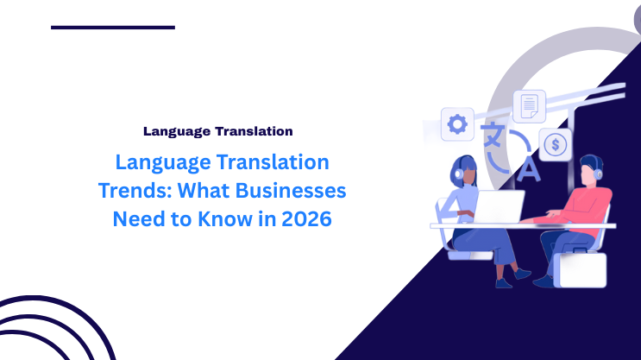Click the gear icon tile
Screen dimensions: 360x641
456,123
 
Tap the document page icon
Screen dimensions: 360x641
529,106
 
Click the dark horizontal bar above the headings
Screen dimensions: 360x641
113,28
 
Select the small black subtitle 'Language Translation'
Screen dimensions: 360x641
218,131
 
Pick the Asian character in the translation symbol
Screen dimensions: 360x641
493,136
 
